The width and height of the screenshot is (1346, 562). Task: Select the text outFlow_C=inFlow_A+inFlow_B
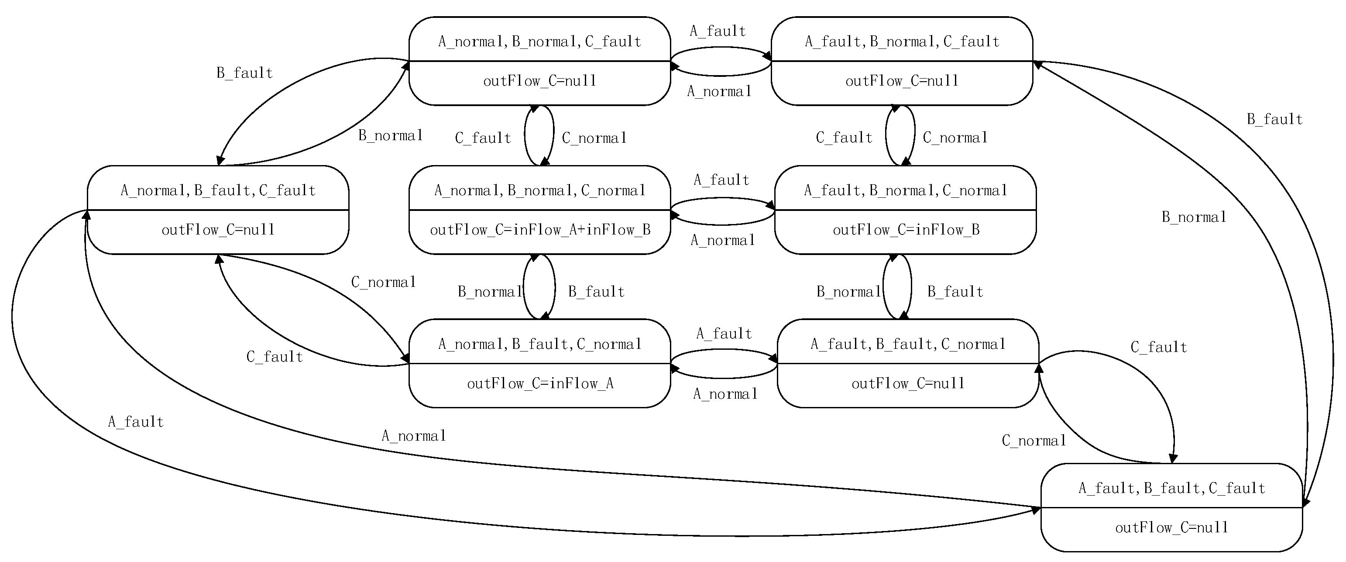pos(540,230)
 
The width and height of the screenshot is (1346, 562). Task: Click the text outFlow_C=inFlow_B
pos(906,230)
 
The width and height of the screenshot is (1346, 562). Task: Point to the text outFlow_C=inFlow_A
pos(540,384)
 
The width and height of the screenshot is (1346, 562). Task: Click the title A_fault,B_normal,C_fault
pos(902,41)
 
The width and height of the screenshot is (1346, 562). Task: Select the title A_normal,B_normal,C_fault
pos(540,41)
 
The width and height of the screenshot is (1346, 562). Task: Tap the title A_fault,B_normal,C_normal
pos(906,190)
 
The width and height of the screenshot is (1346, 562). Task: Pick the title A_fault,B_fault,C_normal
pos(908,344)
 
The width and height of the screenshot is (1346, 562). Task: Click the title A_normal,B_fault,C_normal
pos(540,344)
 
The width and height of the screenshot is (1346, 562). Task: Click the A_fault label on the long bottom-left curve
pos(136,422)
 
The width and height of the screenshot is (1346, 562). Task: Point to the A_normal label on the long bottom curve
pos(414,436)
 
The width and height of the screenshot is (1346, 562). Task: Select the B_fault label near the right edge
pos(1274,120)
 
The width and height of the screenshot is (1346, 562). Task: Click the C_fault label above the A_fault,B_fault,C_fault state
pos(1158,348)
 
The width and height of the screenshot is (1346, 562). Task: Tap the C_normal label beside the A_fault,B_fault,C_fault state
pos(1034,441)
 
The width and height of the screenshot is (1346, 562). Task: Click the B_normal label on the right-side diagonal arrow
pos(1194,217)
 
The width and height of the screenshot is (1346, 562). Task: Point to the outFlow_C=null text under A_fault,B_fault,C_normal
pos(908,384)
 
